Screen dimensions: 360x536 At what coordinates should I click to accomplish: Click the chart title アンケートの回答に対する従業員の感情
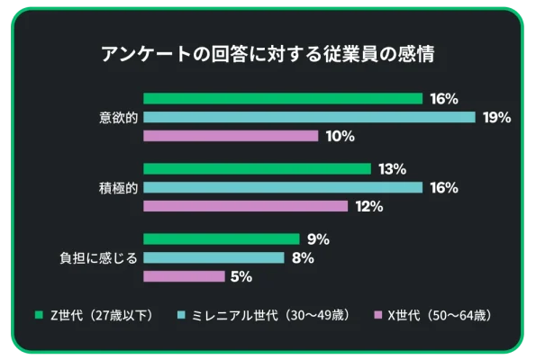click(268, 54)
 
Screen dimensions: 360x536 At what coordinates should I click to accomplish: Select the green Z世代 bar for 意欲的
click(282, 98)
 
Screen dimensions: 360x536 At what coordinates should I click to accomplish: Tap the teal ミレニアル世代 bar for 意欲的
click(308, 117)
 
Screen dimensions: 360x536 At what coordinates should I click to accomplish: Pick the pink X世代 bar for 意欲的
click(230, 136)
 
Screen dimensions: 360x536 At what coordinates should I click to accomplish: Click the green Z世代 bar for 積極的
click(257, 168)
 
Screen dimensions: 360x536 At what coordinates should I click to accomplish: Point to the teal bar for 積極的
click(282, 187)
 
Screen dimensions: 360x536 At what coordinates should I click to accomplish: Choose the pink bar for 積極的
click(245, 206)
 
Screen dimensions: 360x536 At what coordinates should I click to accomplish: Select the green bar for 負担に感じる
click(221, 239)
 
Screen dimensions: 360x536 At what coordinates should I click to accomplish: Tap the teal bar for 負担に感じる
click(214, 258)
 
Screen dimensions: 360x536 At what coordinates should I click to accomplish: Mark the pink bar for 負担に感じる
click(184, 276)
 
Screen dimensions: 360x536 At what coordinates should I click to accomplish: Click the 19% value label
click(496, 117)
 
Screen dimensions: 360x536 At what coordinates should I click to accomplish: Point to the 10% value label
click(340, 136)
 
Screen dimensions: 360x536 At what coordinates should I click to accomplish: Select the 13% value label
click(393, 169)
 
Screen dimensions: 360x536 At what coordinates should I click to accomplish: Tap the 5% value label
click(241, 277)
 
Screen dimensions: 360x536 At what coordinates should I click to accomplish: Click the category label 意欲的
click(117, 117)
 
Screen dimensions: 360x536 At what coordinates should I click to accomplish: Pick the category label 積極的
click(117, 187)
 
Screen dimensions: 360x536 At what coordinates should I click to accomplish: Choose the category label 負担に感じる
click(98, 258)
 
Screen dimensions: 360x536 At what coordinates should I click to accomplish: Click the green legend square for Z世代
click(39, 315)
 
